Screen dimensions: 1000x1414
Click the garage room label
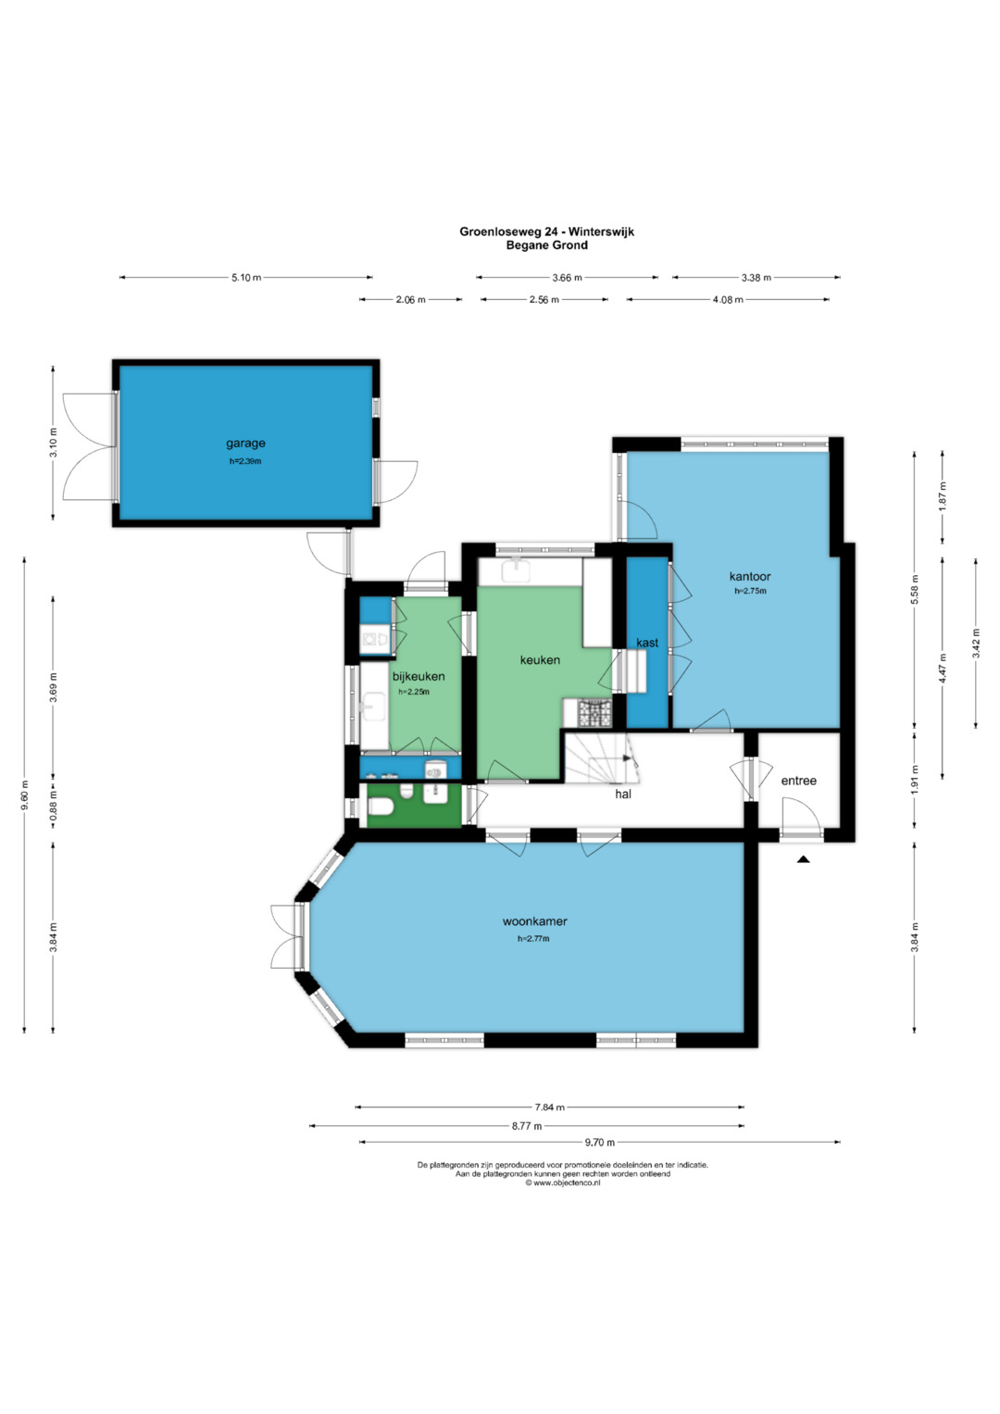pos(245,444)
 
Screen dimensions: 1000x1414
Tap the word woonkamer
pos(534,921)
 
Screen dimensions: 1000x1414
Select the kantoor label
pos(750,576)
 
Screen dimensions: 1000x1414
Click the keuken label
pos(540,660)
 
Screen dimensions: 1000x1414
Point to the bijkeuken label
pos(419,677)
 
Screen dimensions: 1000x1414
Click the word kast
pos(647,643)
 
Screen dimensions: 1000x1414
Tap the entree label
pos(798,781)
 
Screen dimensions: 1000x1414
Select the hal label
pos(623,795)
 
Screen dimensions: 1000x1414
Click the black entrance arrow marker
pos(803,859)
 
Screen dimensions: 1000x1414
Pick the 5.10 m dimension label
pos(246,277)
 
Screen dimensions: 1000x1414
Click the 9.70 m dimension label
pos(600,1142)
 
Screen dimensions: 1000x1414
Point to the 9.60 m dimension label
pos(25,800)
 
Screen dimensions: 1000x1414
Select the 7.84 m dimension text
pos(550,1107)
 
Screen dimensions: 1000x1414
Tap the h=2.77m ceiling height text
pos(533,939)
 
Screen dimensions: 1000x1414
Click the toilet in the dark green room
pos(381,807)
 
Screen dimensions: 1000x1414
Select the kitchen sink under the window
pos(518,570)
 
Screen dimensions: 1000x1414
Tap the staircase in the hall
pos(600,757)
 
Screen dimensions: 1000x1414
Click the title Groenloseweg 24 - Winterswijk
pos(546,231)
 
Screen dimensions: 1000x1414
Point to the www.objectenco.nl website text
pos(563,1183)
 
